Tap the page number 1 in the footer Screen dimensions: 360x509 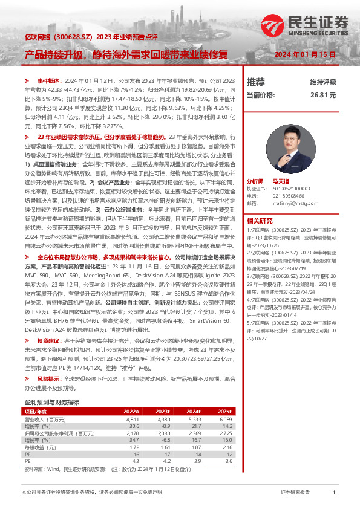click(x=334, y=493)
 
